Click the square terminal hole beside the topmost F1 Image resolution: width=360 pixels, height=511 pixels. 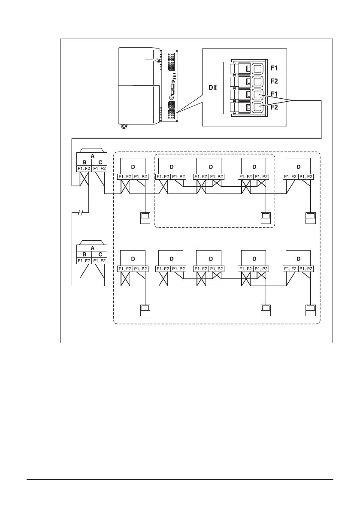[258, 68]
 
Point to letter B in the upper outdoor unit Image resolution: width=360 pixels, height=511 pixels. [84, 163]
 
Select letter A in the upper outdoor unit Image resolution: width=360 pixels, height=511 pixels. [92, 157]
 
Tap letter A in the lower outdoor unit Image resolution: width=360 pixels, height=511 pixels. [92, 248]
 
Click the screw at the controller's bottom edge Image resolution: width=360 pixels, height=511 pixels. [124, 126]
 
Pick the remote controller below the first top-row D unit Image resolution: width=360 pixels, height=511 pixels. [145, 218]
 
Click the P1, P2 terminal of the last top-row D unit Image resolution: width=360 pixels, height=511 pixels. [306, 177]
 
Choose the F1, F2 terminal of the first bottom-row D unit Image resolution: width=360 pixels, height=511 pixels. [125, 269]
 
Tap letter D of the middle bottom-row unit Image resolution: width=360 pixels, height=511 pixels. [210, 259]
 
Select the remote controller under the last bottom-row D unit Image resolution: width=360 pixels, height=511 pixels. [310, 309]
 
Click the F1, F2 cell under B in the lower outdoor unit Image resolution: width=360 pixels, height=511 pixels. [84, 260]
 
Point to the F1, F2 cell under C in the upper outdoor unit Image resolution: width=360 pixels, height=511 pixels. [100, 169]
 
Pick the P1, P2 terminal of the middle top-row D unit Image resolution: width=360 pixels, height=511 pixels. [217, 177]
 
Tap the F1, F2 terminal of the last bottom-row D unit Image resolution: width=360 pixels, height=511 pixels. [291, 269]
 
